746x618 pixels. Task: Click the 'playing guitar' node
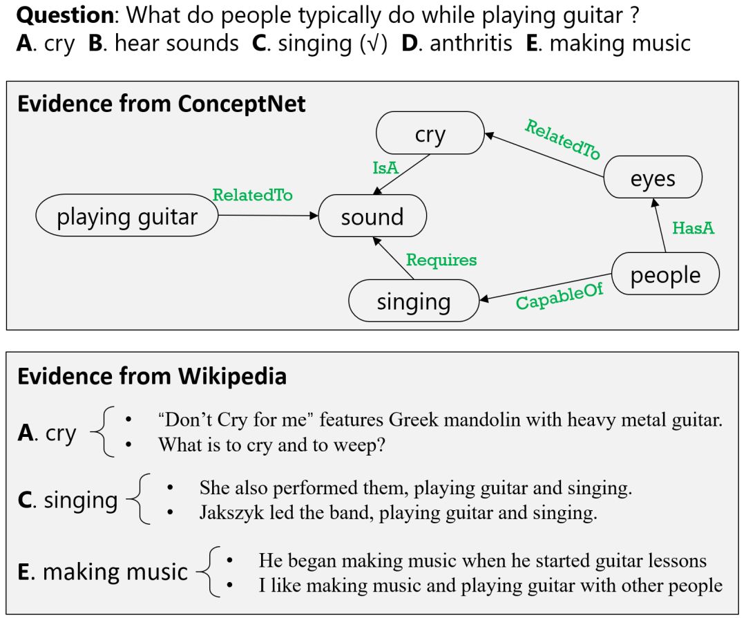(127, 217)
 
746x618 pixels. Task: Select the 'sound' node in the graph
(372, 217)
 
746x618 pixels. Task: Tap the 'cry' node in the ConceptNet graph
(430, 134)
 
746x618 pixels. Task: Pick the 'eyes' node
(653, 179)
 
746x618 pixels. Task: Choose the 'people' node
(665, 275)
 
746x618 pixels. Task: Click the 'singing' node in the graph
(414, 301)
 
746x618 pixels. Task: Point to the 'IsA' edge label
(385, 167)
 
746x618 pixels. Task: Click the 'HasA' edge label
(693, 228)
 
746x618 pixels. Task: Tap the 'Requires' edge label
(441, 260)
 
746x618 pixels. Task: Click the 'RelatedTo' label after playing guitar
(252, 195)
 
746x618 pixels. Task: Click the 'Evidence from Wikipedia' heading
(152, 376)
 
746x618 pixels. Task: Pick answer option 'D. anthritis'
(457, 44)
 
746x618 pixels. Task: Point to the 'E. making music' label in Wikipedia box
(103, 572)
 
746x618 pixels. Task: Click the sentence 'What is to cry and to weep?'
(271, 444)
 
